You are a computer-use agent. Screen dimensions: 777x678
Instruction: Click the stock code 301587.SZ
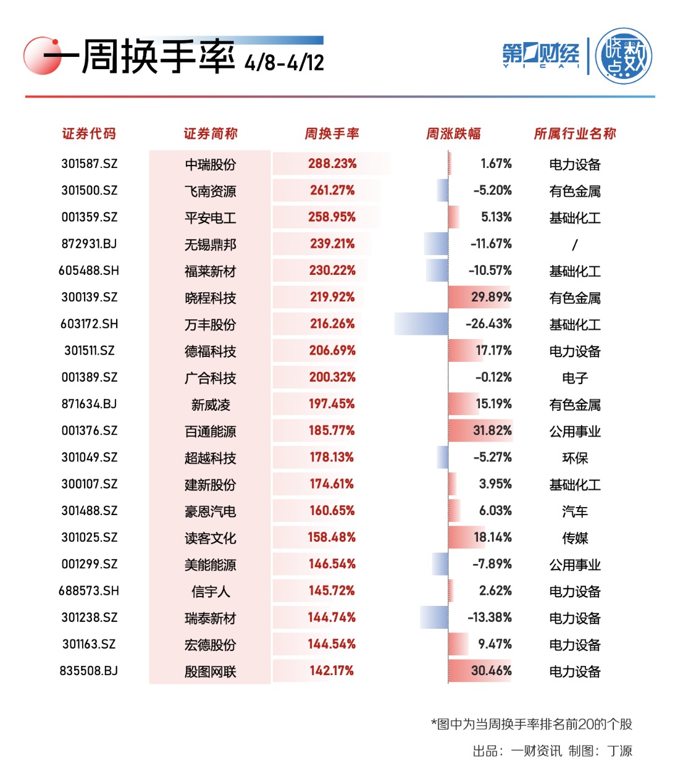(89, 164)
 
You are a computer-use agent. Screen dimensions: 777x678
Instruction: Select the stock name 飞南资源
(210, 191)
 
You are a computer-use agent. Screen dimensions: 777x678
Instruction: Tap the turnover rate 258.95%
(332, 217)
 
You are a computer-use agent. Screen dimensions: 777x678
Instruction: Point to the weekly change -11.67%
(491, 243)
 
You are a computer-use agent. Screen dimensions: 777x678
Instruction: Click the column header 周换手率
(332, 133)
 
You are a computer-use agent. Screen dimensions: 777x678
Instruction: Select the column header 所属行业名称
(575, 133)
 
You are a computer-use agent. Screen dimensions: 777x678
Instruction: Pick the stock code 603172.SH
(89, 324)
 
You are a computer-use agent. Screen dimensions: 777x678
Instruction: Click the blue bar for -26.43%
(421, 324)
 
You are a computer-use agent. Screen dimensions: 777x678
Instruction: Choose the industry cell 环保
(575, 458)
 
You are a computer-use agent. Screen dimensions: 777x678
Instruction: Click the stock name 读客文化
(210, 538)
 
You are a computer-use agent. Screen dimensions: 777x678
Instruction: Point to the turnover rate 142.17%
(332, 671)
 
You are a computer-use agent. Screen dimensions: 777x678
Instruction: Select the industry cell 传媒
(575, 538)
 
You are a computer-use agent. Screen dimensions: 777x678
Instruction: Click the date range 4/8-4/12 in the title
(284, 62)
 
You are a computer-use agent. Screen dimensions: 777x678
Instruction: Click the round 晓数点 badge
(624, 56)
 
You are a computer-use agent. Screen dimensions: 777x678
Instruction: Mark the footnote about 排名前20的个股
(531, 724)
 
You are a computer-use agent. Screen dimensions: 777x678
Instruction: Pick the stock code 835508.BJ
(89, 671)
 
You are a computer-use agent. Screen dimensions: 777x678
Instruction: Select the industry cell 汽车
(575, 511)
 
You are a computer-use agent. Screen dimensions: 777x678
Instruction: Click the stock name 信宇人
(210, 592)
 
